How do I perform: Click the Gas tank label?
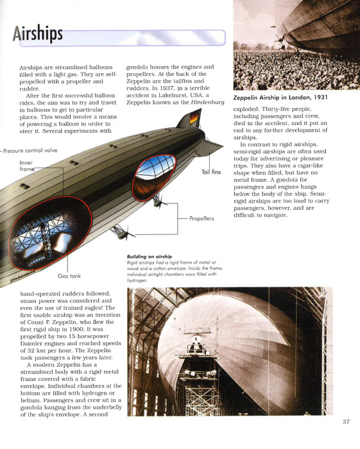click(x=69, y=276)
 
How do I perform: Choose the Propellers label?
click(x=201, y=218)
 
